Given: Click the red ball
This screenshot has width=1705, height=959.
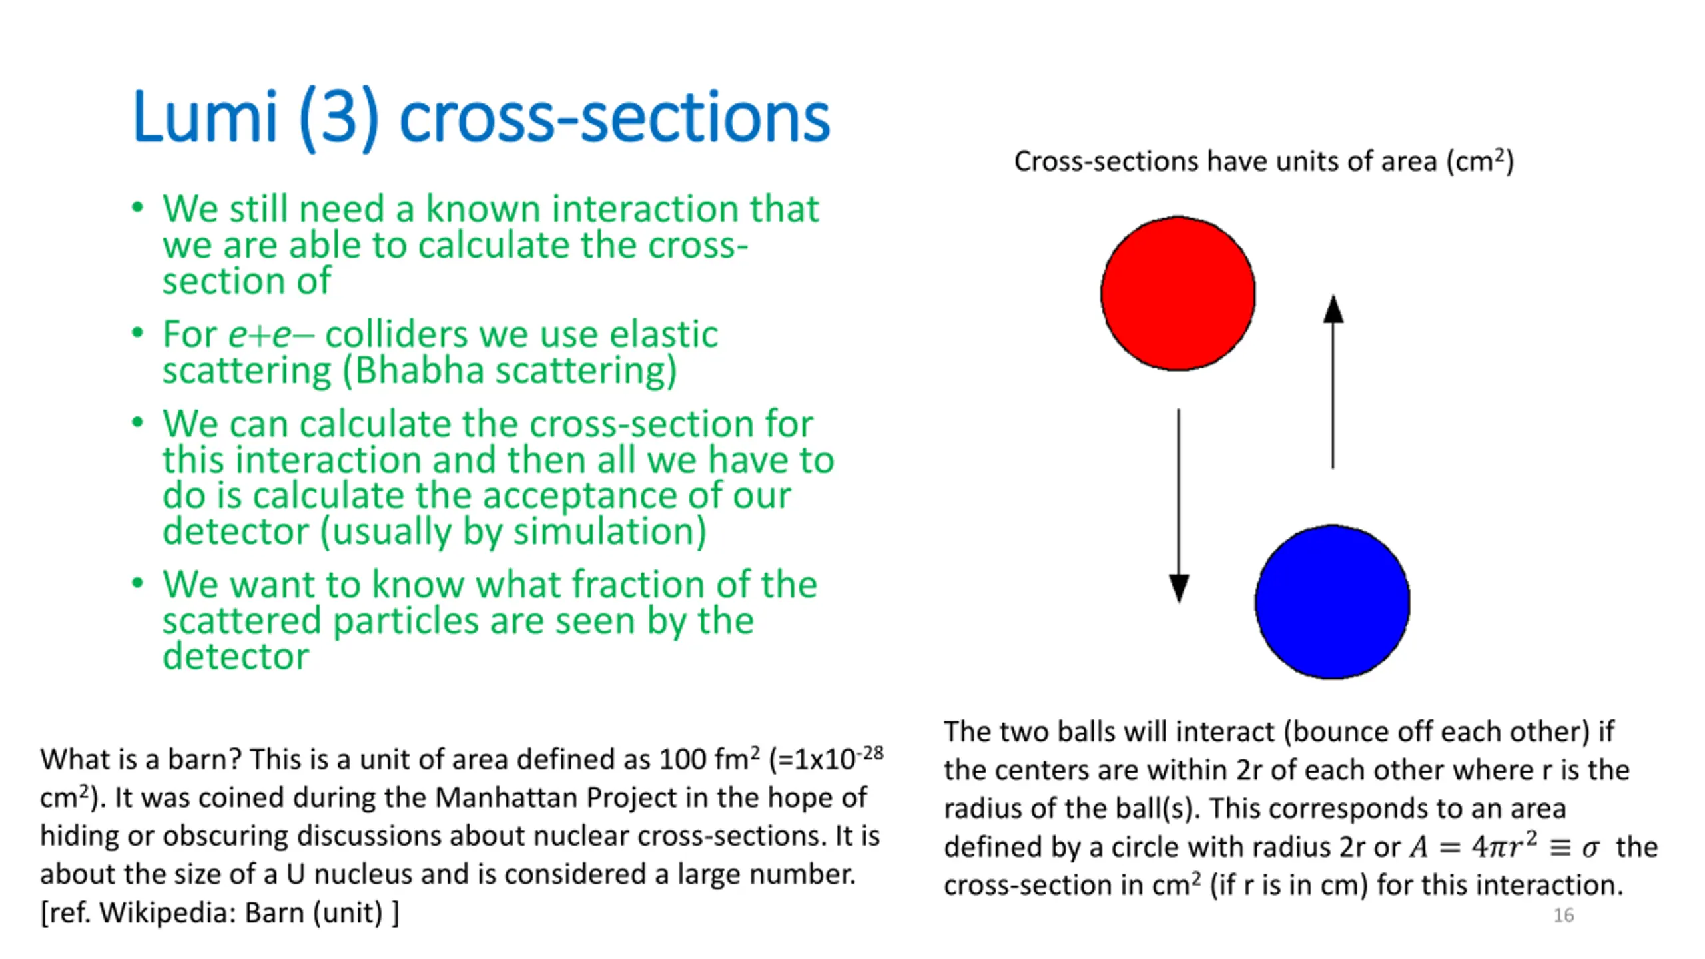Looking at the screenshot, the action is (1178, 293).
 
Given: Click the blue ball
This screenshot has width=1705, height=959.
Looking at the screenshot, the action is (1332, 601).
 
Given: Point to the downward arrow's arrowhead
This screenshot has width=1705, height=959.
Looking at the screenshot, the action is (1179, 587).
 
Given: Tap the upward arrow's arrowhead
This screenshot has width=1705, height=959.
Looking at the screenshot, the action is (1333, 310).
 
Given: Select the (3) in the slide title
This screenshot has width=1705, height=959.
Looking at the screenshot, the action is (339, 119).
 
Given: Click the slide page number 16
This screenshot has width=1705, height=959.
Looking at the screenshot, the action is (1563, 915).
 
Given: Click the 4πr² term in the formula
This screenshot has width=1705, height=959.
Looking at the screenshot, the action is (1504, 846).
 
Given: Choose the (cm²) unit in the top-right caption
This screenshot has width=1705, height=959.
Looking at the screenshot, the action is (1480, 162).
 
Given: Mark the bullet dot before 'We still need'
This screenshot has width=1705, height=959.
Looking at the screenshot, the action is (137, 208).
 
